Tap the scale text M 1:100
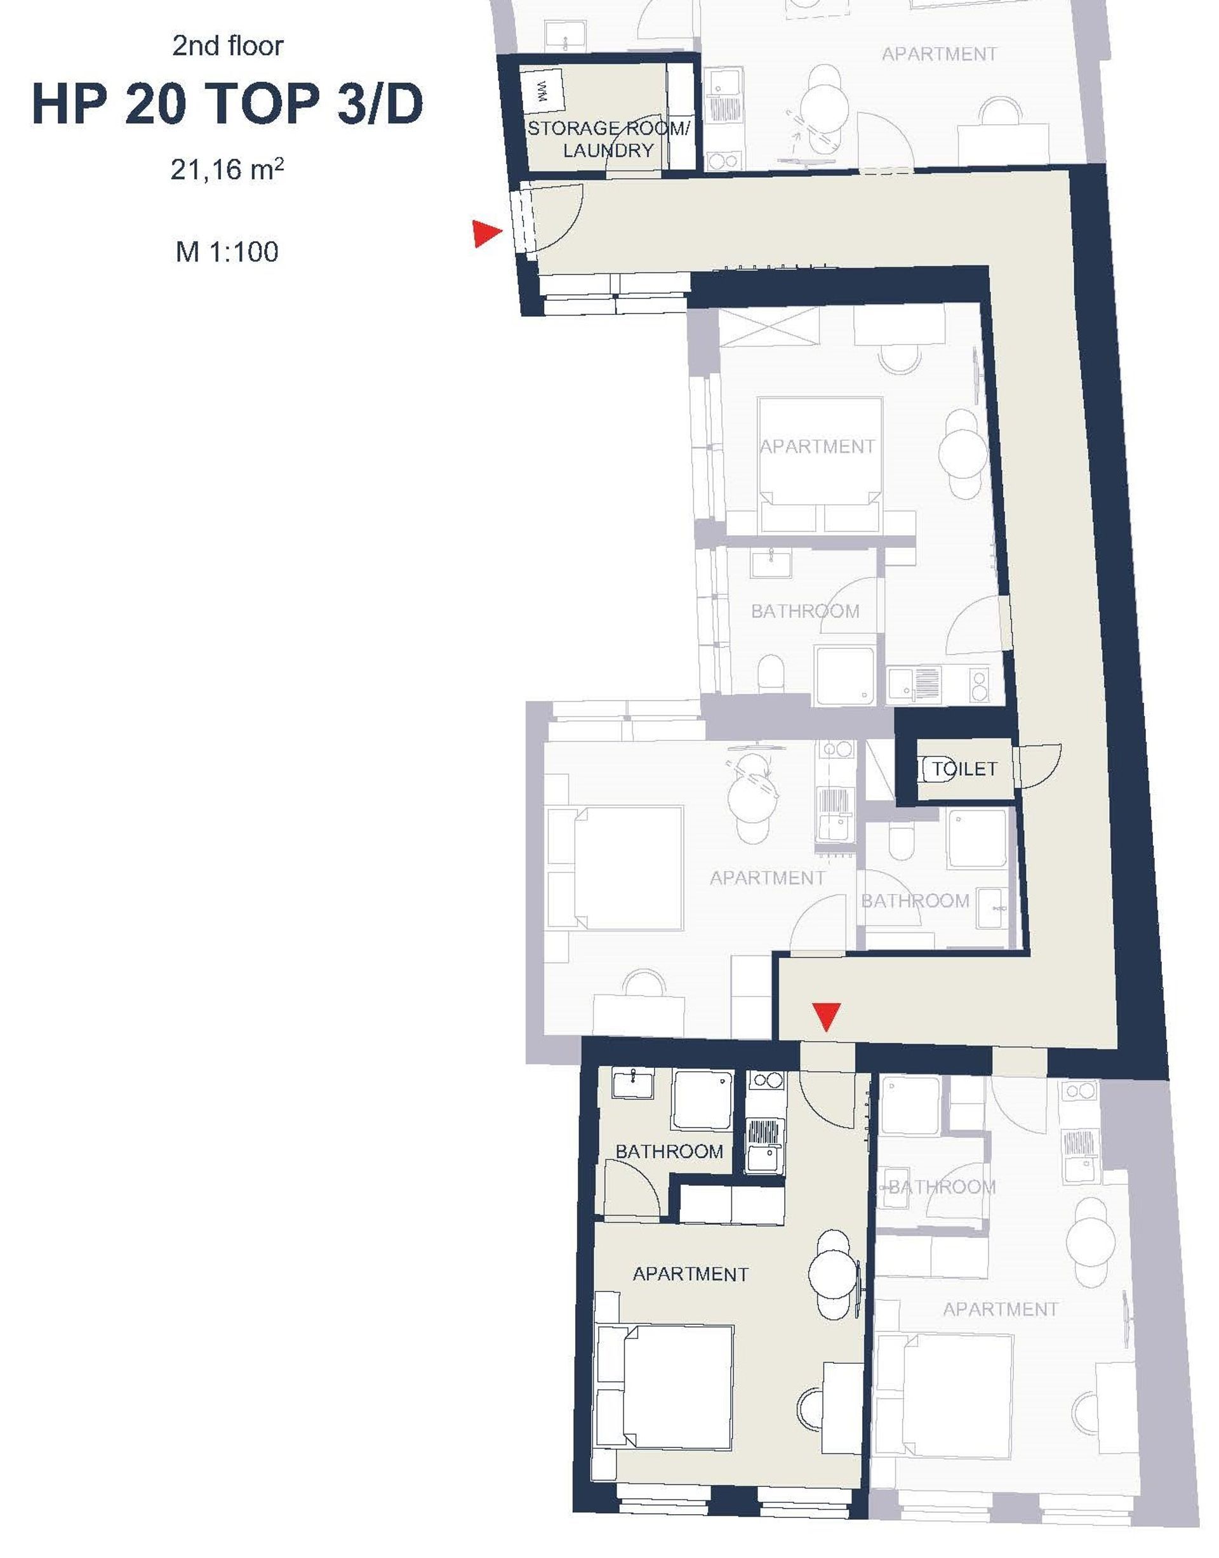227,252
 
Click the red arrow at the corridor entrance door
488,234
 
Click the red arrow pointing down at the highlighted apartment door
827,1017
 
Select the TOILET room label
965,769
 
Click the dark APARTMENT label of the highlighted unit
691,1274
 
